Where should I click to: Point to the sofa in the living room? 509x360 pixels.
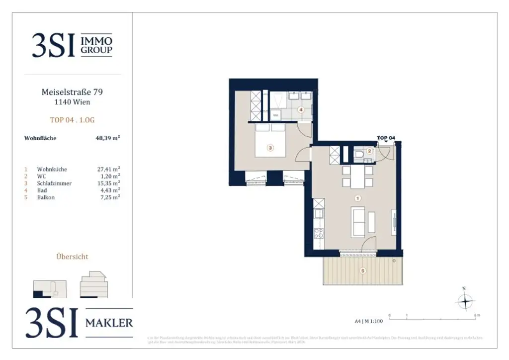[x=358, y=222]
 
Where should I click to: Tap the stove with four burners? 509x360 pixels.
[x=319, y=232]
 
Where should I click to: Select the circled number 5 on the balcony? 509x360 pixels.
[x=363, y=271]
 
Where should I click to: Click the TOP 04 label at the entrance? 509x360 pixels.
[x=386, y=138]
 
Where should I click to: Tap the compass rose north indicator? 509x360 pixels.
[x=464, y=301]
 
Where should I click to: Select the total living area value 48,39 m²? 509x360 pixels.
[x=108, y=138]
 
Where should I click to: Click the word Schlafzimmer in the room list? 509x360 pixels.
[x=54, y=183]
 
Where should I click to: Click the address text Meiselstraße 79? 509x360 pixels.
[x=73, y=92]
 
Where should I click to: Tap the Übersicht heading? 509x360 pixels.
[x=73, y=257]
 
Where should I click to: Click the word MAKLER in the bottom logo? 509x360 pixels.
[x=109, y=323]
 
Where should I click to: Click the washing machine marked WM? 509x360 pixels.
[x=276, y=115]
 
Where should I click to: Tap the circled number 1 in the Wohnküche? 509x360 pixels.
[x=356, y=198]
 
